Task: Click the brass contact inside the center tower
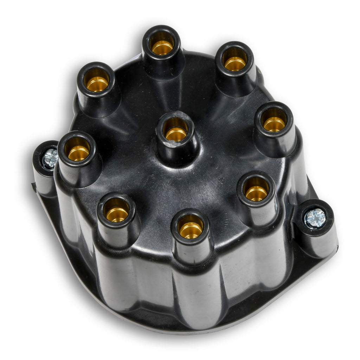coord(176,134)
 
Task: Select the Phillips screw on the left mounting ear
coord(50,158)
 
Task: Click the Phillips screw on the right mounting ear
coord(315,218)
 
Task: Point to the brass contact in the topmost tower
coord(162,47)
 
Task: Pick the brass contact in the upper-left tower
coord(97,84)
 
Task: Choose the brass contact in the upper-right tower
coord(235,63)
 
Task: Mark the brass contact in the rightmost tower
coord(274,124)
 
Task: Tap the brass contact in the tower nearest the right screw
coord(256,193)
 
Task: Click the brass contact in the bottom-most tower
coord(191,230)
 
